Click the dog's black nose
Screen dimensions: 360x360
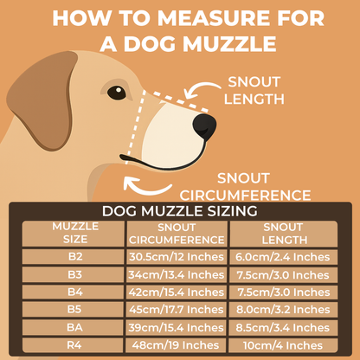pyautogui.click(x=204, y=126)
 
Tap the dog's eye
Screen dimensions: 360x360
pyautogui.click(x=117, y=93)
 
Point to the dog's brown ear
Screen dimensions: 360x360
pyautogui.click(x=41, y=100)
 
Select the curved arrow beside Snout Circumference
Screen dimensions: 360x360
pyautogui.click(x=145, y=188)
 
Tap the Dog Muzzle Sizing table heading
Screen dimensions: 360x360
pyautogui.click(x=179, y=211)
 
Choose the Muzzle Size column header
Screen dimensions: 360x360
pyautogui.click(x=75, y=233)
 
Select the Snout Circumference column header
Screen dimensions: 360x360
pyautogui.click(x=177, y=234)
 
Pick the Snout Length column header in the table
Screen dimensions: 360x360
pyautogui.click(x=284, y=234)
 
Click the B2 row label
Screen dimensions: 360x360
pyautogui.click(x=75, y=256)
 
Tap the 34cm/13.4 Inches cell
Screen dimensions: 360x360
pyautogui.click(x=177, y=274)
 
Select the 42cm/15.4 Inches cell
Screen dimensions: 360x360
pyautogui.click(x=177, y=292)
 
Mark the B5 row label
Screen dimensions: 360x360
pyautogui.click(x=74, y=310)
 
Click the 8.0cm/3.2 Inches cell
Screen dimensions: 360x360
pyautogui.click(x=283, y=310)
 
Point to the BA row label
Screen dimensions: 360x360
pyautogui.click(x=74, y=327)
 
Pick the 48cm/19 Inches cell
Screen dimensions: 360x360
pyautogui.click(x=176, y=345)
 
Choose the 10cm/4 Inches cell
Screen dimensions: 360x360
pyautogui.click(x=283, y=345)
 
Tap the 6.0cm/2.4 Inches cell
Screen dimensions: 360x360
pyautogui.click(x=283, y=257)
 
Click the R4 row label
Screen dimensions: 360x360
pyautogui.click(x=74, y=345)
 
